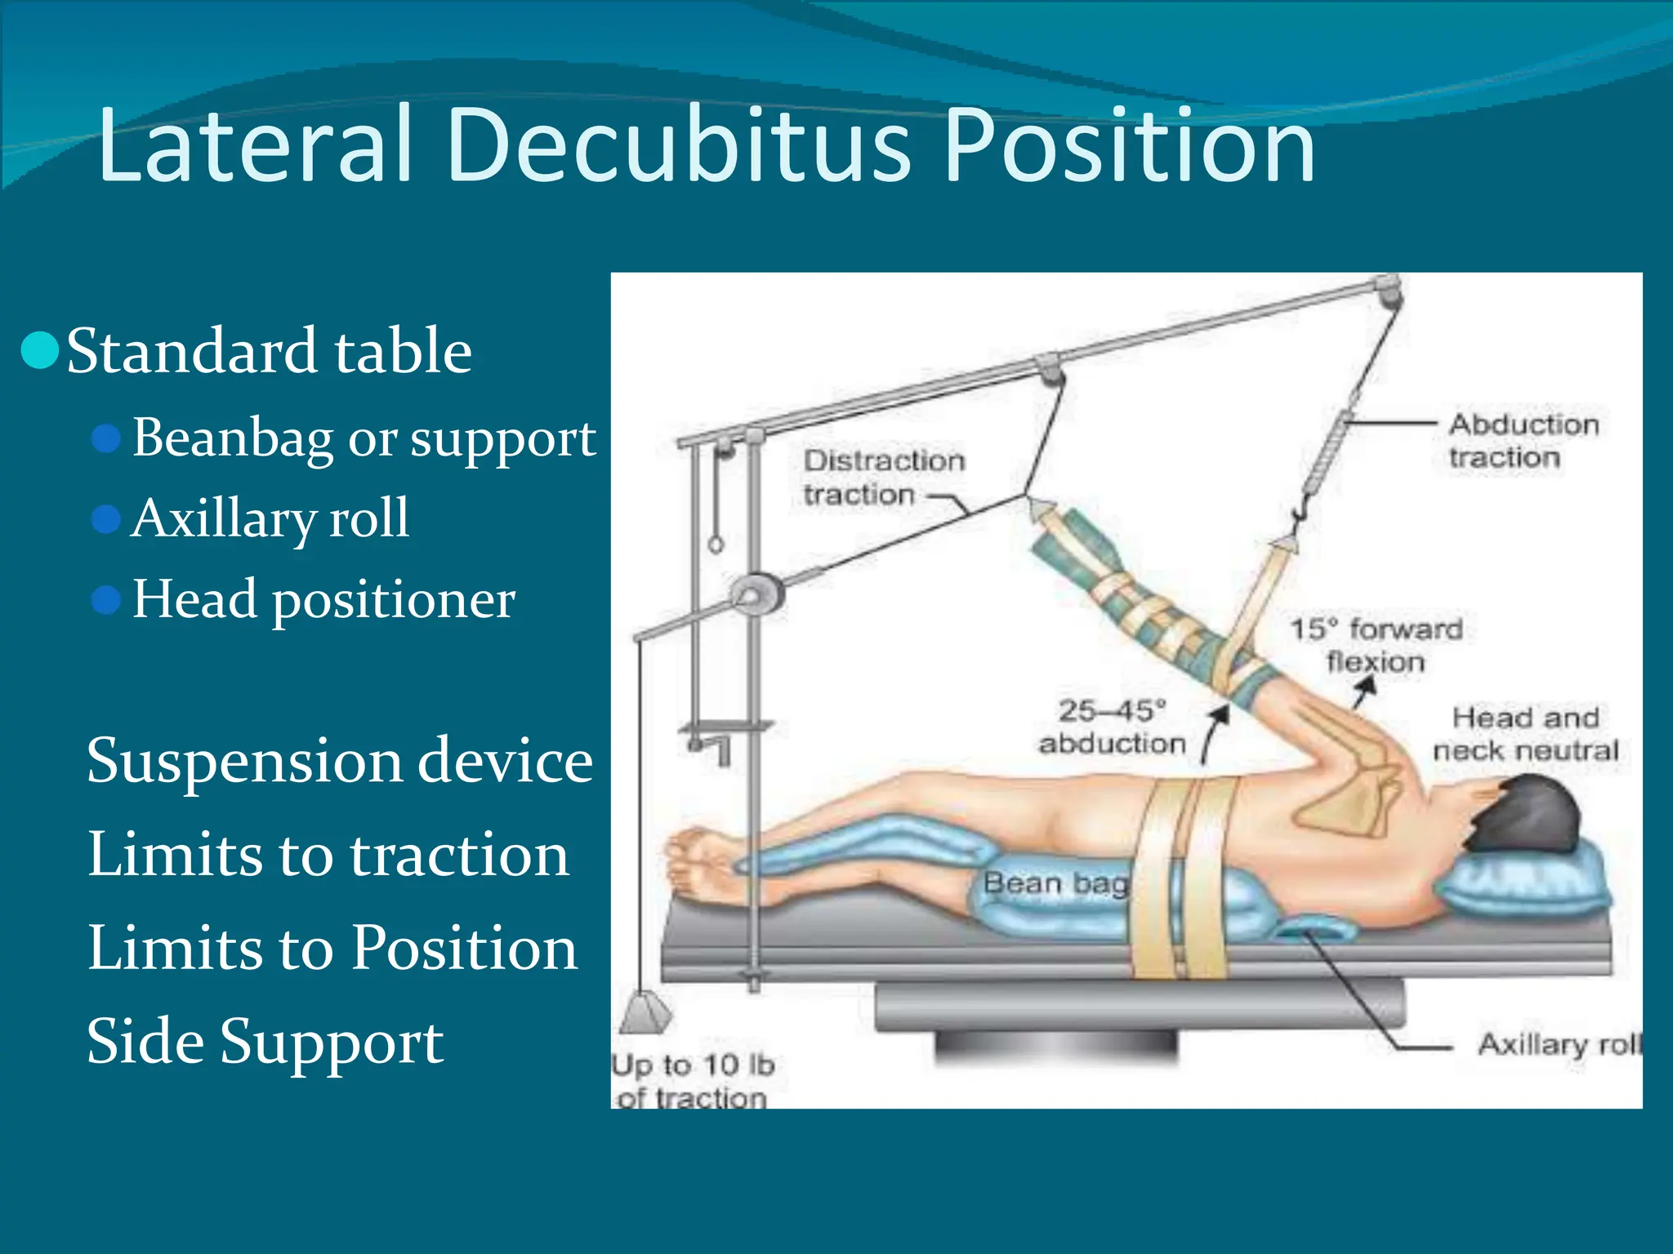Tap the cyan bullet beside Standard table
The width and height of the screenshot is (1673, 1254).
click(x=39, y=351)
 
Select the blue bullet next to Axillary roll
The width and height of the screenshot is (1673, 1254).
click(x=106, y=518)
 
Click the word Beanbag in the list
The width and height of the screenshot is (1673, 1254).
click(x=233, y=438)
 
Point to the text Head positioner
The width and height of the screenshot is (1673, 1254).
click(x=323, y=598)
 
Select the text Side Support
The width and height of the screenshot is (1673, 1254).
click(x=265, y=1041)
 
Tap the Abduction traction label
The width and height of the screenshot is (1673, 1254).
click(x=1523, y=441)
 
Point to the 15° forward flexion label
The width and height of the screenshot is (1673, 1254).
click(x=1376, y=645)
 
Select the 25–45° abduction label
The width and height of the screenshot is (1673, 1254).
click(x=1113, y=727)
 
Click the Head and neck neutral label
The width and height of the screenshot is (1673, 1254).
click(x=1524, y=733)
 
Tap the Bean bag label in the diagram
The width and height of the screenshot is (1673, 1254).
click(x=1054, y=883)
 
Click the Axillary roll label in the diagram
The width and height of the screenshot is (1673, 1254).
click(x=1557, y=1043)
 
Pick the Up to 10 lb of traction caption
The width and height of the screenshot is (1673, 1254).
click(x=693, y=1080)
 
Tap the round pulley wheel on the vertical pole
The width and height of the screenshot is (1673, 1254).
click(x=755, y=593)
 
